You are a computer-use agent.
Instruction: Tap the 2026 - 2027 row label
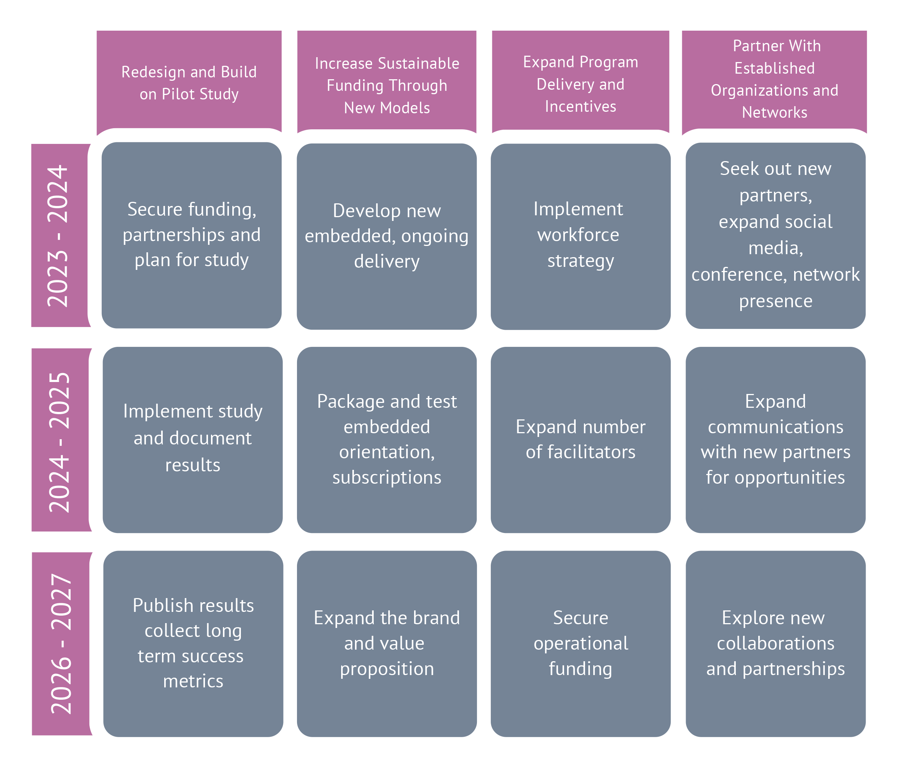pyautogui.click(x=61, y=644)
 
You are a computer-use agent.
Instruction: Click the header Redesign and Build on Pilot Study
pyautogui.click(x=189, y=82)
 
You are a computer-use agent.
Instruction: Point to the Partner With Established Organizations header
pyautogui.click(x=774, y=79)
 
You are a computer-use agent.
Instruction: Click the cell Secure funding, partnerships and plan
pyautogui.click(x=192, y=235)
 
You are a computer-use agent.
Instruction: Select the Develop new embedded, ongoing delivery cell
pyautogui.click(x=387, y=236)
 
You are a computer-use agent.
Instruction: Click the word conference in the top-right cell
pyautogui.click(x=734, y=274)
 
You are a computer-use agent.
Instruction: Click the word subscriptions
pyautogui.click(x=387, y=477)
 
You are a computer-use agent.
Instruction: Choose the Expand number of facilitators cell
pyautogui.click(x=581, y=439)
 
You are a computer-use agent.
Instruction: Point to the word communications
pyautogui.click(x=775, y=427)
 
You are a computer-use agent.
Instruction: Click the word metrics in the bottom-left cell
pyautogui.click(x=193, y=681)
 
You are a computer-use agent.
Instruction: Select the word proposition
pyautogui.click(x=387, y=669)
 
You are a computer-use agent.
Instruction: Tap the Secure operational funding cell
pyautogui.click(x=581, y=643)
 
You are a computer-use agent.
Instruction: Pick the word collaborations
pyautogui.click(x=775, y=643)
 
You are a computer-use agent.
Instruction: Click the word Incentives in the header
pyautogui.click(x=581, y=107)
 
